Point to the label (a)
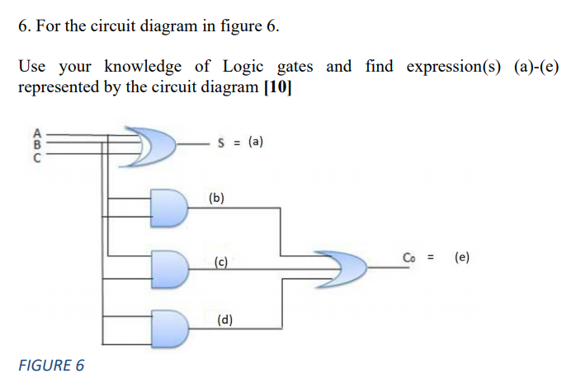pos(256,142)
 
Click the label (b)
pos(217,198)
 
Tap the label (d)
pos(224,320)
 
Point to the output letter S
pos(221,142)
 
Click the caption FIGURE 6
pos(51,365)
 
